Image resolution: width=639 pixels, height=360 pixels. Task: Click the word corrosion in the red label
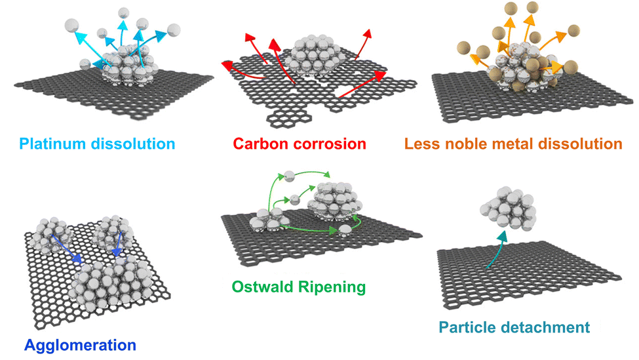[330, 144]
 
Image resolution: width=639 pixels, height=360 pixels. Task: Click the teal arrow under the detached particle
[497, 253]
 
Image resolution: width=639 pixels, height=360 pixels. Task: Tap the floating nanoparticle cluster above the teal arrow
[507, 209]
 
